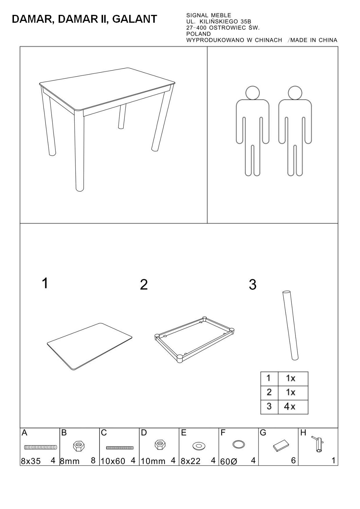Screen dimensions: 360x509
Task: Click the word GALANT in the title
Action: point(134,19)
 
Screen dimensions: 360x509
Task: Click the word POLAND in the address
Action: point(199,34)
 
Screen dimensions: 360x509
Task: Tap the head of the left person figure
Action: point(252,93)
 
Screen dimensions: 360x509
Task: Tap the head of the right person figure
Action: point(295,93)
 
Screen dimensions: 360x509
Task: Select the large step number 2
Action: point(144,284)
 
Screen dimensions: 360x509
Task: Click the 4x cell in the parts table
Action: point(290,407)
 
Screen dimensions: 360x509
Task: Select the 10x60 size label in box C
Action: point(113,461)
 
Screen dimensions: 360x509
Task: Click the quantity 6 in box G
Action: point(293,460)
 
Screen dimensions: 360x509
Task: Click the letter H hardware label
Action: point(303,433)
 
